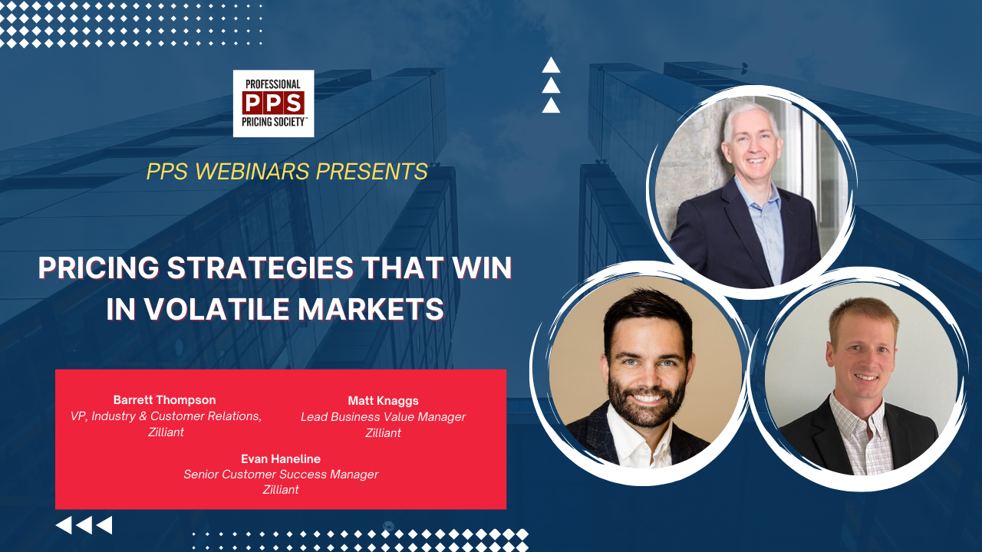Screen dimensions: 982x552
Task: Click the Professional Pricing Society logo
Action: [x=273, y=103]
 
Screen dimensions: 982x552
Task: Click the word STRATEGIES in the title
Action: [x=260, y=268]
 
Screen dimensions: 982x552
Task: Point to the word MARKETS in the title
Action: [x=371, y=309]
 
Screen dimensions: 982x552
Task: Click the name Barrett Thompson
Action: [x=164, y=400]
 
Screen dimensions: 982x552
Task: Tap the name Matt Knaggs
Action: [x=383, y=401]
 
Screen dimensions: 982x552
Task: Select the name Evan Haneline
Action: [x=281, y=458]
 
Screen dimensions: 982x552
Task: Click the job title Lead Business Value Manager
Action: [x=383, y=416]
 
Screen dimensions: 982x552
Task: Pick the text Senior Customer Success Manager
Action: [x=281, y=475]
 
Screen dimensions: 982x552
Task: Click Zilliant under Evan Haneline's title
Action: [x=281, y=490]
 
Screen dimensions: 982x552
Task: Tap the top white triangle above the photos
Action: [x=551, y=66]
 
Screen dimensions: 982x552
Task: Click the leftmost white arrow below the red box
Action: [x=64, y=525]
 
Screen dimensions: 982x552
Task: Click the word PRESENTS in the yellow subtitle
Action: [x=372, y=171]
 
